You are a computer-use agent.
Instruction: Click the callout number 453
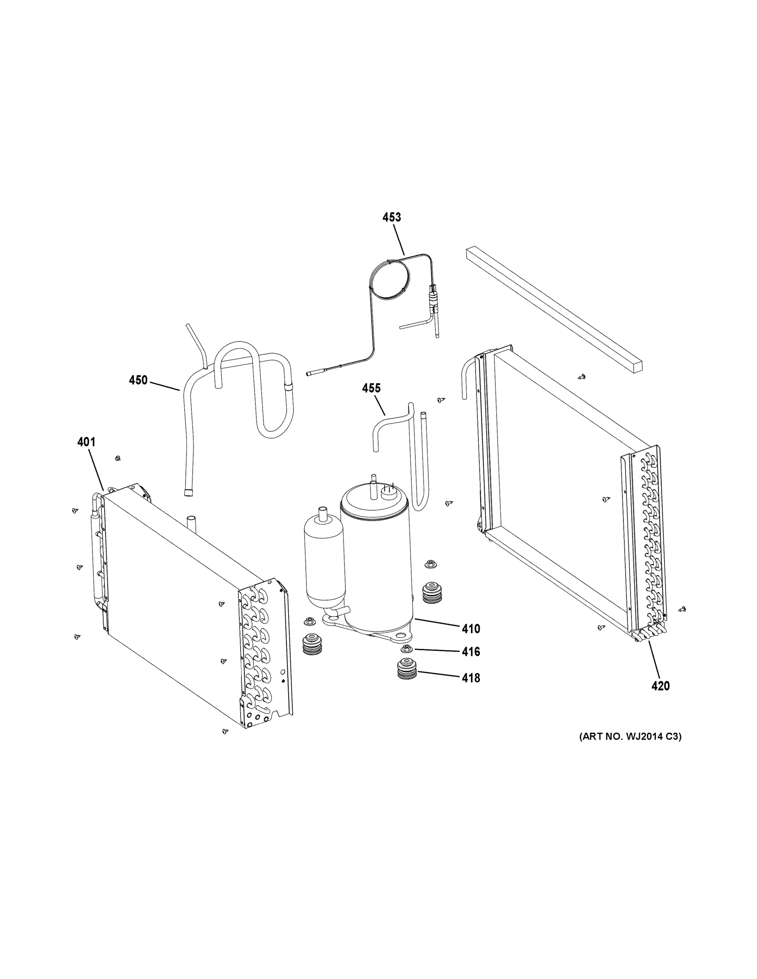click(x=391, y=217)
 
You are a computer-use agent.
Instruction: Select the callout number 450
click(x=138, y=381)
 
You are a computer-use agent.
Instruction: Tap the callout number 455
click(x=371, y=388)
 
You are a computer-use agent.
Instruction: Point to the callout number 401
click(x=86, y=442)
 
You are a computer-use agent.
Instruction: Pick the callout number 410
click(x=471, y=629)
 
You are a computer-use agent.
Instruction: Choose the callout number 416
click(x=471, y=651)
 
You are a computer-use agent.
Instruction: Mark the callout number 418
click(x=471, y=678)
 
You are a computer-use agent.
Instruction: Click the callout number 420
click(x=660, y=698)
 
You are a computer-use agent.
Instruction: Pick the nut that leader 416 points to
click(x=407, y=649)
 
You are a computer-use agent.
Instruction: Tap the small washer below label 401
click(x=118, y=458)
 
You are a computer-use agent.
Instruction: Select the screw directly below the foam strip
click(x=582, y=377)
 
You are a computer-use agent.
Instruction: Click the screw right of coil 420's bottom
click(x=683, y=609)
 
